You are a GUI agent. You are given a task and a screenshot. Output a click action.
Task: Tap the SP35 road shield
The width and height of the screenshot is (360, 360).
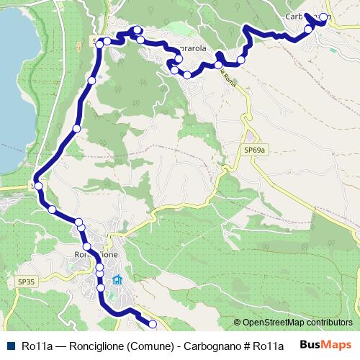point(25,280)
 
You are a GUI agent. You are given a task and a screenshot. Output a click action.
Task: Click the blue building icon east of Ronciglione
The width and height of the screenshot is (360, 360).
point(117,280)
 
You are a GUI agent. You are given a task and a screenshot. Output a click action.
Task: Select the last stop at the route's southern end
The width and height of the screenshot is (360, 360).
point(153,325)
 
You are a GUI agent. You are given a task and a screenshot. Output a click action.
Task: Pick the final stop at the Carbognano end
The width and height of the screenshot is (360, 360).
point(324,17)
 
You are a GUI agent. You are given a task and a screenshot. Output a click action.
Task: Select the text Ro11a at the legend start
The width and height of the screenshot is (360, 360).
point(35,346)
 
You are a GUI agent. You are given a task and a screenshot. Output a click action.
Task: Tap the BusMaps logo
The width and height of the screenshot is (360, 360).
point(326,345)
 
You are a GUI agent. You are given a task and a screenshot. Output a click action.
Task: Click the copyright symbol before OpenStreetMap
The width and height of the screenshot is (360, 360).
point(238,323)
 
